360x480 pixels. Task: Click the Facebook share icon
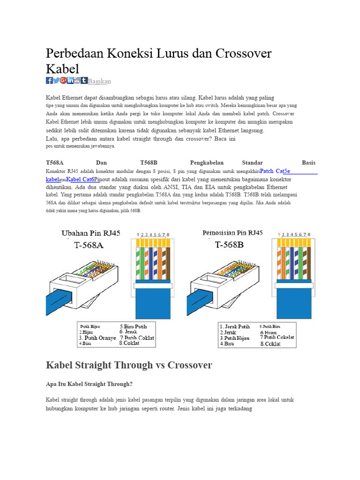tap(49, 81)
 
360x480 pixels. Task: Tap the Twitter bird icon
tap(56, 81)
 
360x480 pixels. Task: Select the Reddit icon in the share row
tap(77, 81)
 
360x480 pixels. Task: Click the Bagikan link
tap(99, 82)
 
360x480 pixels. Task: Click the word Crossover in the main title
tap(243, 53)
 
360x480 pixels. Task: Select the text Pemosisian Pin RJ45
tap(232, 232)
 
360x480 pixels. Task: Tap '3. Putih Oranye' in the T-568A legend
tap(97, 337)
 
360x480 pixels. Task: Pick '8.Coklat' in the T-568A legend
tap(129, 343)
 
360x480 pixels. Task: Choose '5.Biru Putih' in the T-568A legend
tap(134, 326)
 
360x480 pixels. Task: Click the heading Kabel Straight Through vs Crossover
tap(129, 365)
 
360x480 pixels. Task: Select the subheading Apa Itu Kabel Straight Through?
tap(89, 384)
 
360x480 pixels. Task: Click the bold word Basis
tap(308, 163)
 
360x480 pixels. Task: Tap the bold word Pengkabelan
tap(207, 163)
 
